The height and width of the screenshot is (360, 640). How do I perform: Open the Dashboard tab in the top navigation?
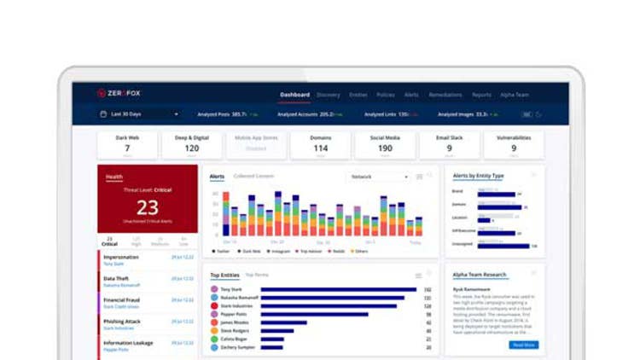pyautogui.click(x=294, y=95)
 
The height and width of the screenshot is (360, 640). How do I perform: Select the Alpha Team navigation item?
pyautogui.click(x=515, y=95)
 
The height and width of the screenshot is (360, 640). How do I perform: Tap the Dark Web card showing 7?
pyautogui.click(x=127, y=145)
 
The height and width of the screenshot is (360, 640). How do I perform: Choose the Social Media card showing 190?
pyautogui.click(x=385, y=145)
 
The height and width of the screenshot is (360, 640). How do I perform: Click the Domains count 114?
pyautogui.click(x=320, y=148)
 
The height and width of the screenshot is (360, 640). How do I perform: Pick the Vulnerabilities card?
pyautogui.click(x=514, y=145)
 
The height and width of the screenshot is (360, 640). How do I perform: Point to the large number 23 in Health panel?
pyautogui.click(x=148, y=207)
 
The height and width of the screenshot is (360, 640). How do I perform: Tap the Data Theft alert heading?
pyautogui.click(x=117, y=278)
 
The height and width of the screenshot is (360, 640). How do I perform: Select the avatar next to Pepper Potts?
pyautogui.click(x=215, y=315)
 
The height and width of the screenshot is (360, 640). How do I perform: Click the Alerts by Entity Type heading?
pyautogui.click(x=478, y=176)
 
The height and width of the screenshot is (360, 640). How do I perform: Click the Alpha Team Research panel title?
pyautogui.click(x=480, y=275)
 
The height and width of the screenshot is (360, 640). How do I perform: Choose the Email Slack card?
pyautogui.click(x=449, y=145)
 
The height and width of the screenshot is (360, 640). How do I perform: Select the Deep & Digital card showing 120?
pyautogui.click(x=191, y=145)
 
